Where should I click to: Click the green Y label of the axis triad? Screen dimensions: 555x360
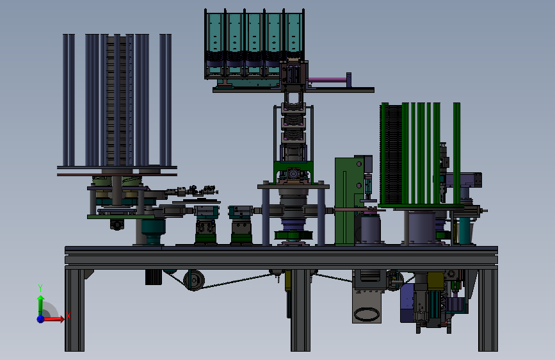point(40,288)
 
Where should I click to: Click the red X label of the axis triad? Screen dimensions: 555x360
point(68,316)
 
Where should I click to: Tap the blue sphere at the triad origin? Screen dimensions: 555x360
point(41,319)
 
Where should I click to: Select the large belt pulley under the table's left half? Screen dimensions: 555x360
point(195,281)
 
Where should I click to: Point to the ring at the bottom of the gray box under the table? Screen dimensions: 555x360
point(366,314)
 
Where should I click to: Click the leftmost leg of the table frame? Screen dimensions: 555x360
point(74,311)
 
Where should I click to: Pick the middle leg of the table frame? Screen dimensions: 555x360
point(300,311)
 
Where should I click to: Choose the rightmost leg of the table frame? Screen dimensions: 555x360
point(488,311)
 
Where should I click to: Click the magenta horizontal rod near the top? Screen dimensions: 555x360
point(327,80)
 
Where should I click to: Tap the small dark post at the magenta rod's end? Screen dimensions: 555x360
point(349,79)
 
